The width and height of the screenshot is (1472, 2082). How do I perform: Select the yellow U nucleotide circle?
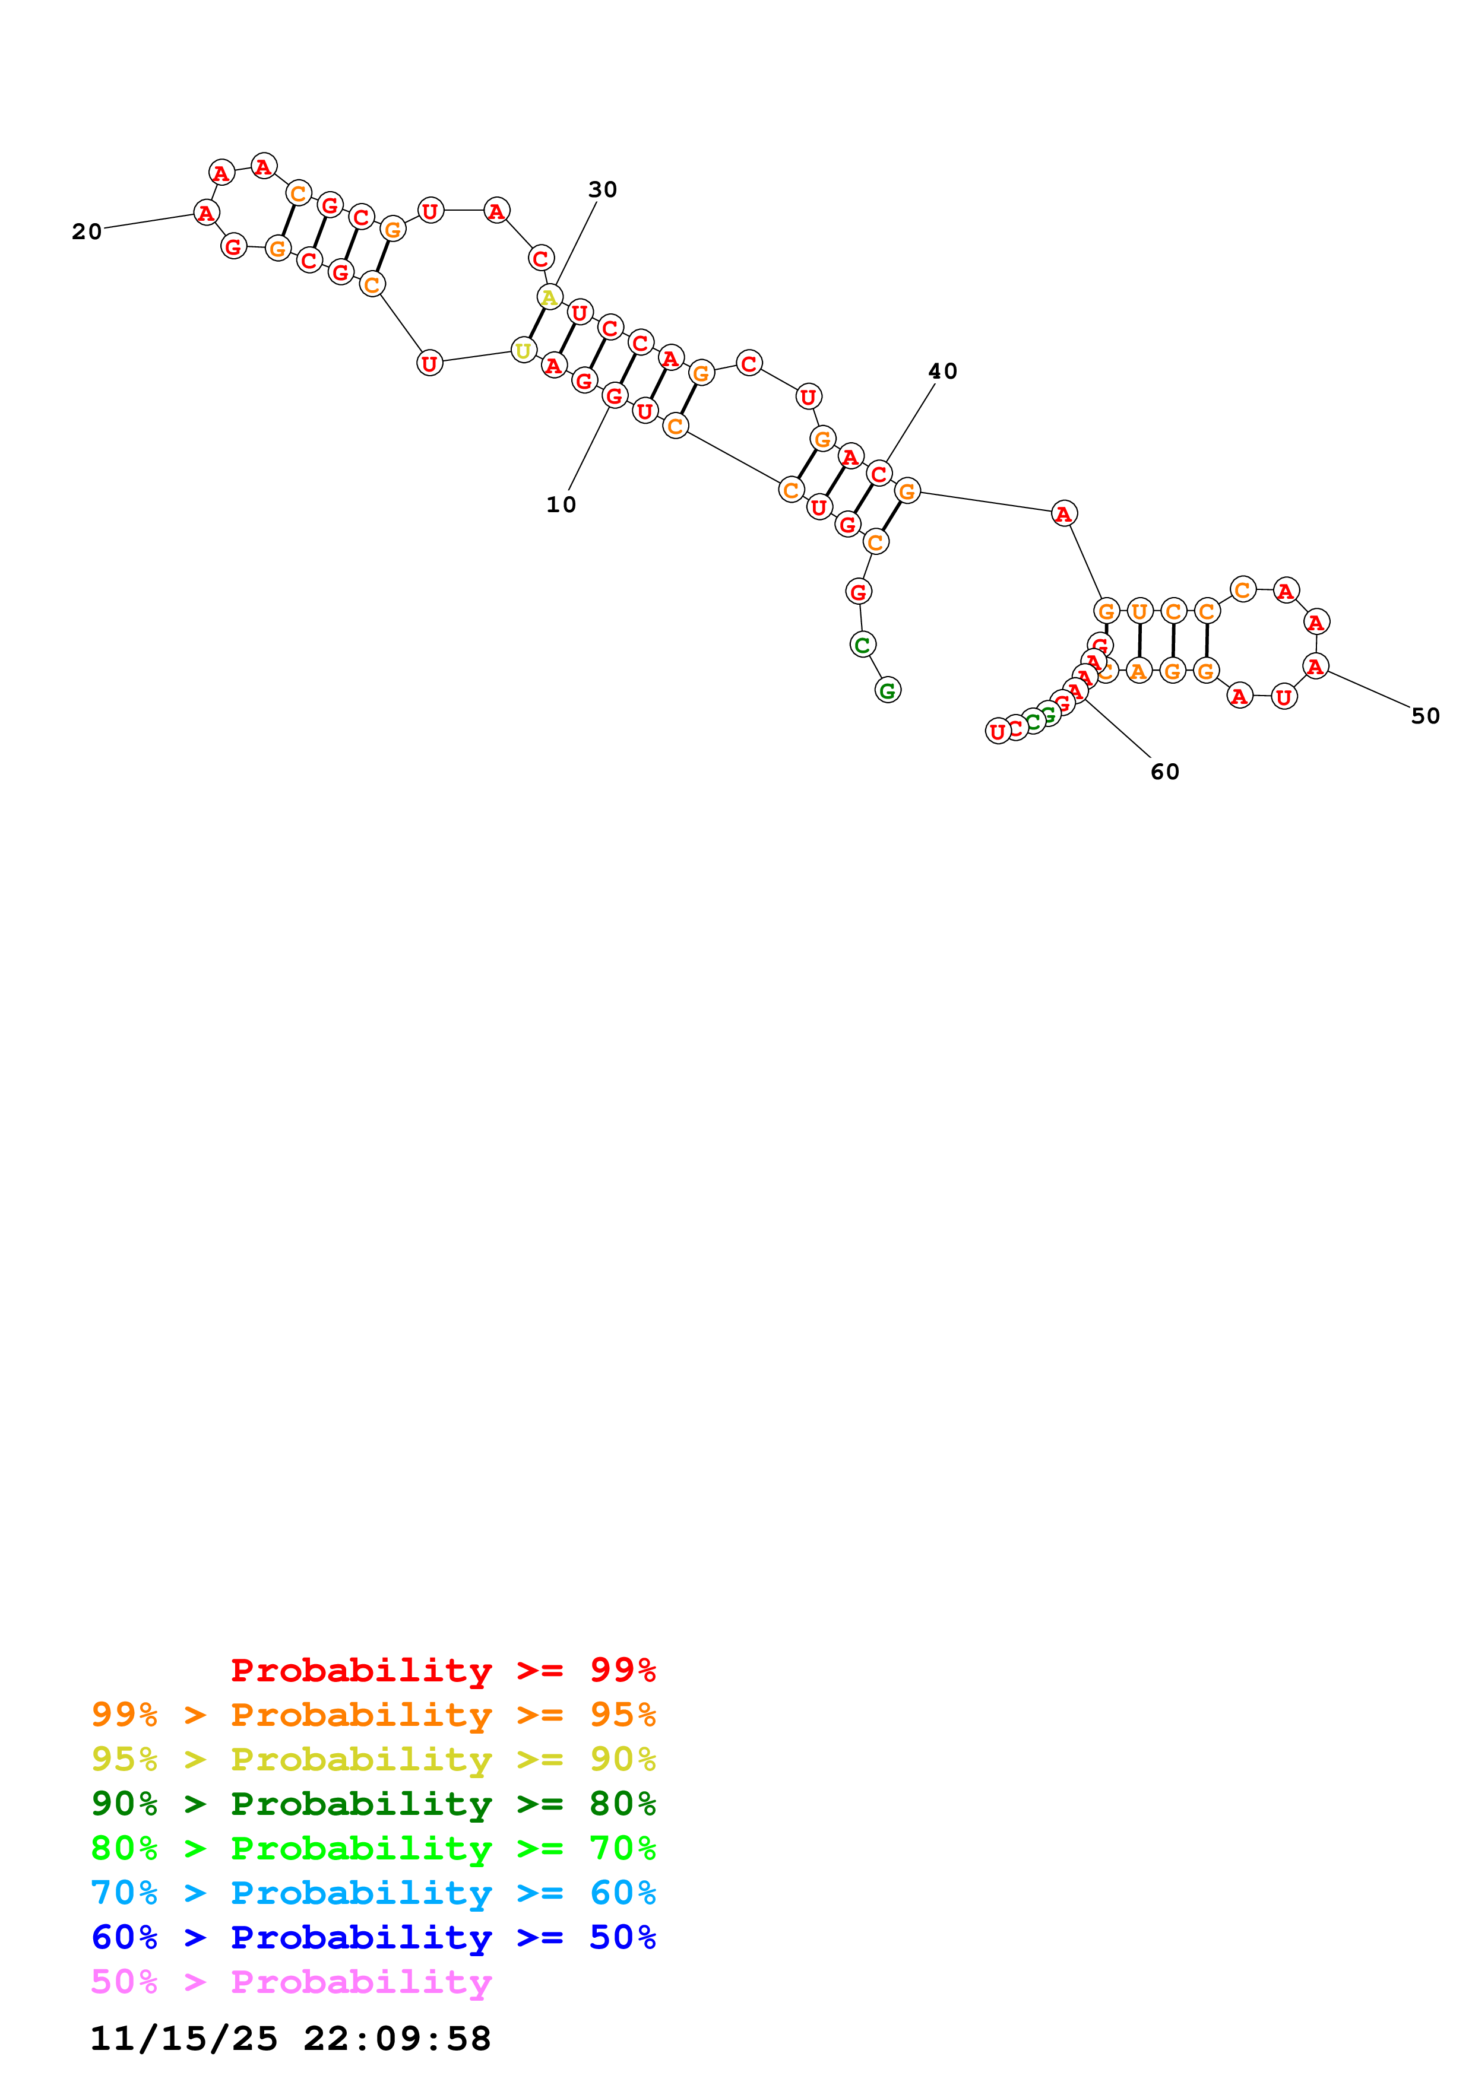pyautogui.click(x=523, y=351)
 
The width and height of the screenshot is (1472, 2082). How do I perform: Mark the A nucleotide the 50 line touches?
pyautogui.click(x=1315, y=667)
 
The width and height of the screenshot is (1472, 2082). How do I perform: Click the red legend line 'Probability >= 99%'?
pyautogui.click(x=444, y=1670)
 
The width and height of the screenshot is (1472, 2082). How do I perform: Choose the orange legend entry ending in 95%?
pyautogui.click(x=373, y=1715)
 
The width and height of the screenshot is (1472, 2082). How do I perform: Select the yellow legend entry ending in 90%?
pyautogui.click(x=373, y=1759)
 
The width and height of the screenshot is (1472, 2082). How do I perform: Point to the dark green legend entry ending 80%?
pyautogui.click(x=373, y=1804)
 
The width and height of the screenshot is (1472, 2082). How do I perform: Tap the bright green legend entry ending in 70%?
pyautogui.click(x=373, y=1848)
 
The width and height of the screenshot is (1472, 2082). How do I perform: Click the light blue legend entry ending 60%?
pyautogui.click(x=373, y=1893)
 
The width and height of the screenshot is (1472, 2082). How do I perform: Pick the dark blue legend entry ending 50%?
pyautogui.click(x=373, y=1937)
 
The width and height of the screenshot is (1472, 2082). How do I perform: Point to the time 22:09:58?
pyautogui.click(x=397, y=2039)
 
